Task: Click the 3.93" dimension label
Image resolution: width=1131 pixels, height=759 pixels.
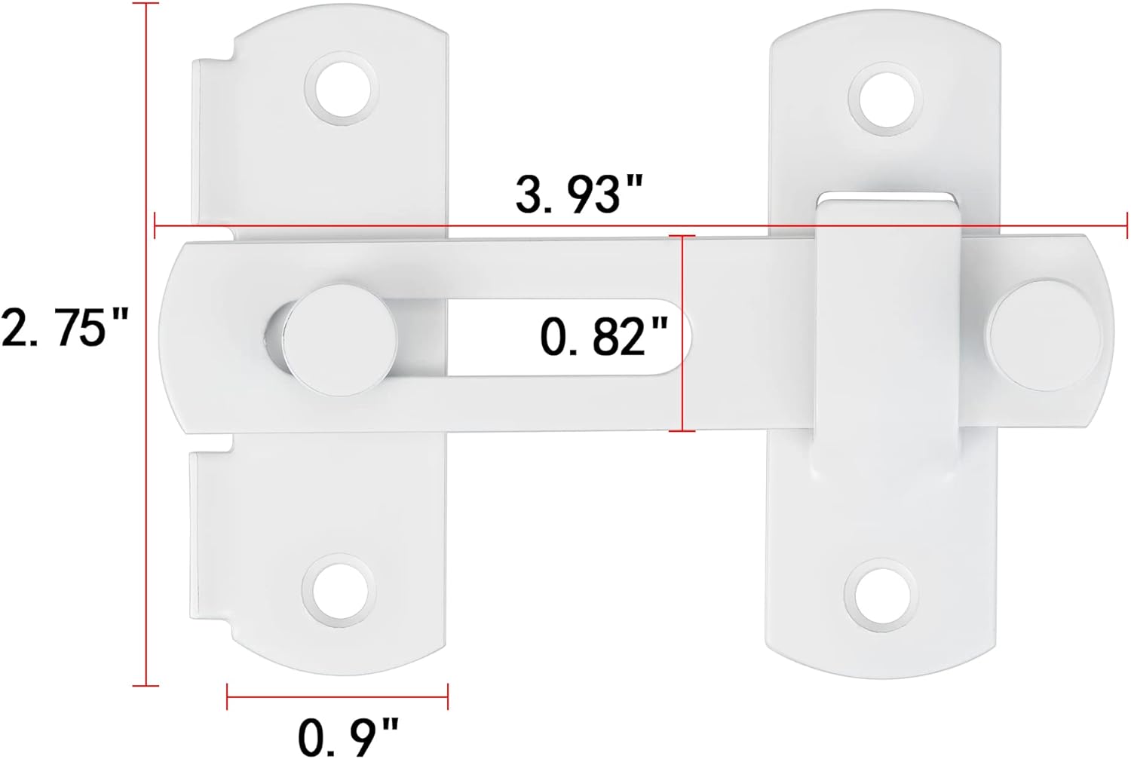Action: (578, 194)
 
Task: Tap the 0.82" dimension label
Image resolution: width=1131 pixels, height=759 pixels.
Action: (604, 335)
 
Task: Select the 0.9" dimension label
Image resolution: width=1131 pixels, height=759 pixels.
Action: (348, 736)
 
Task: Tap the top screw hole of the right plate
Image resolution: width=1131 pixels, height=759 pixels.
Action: (885, 99)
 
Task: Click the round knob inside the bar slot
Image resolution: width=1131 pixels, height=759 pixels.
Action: (343, 340)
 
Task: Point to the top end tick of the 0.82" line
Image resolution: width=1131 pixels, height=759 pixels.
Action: (682, 236)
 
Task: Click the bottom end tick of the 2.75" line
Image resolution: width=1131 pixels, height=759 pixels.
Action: (146, 685)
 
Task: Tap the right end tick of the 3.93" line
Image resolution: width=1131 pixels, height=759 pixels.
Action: (1126, 225)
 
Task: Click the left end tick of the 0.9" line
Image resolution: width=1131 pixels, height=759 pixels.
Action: (228, 695)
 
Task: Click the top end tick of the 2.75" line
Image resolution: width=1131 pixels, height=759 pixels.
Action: (146, 4)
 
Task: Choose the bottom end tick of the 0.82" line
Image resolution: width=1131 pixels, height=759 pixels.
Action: (682, 431)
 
